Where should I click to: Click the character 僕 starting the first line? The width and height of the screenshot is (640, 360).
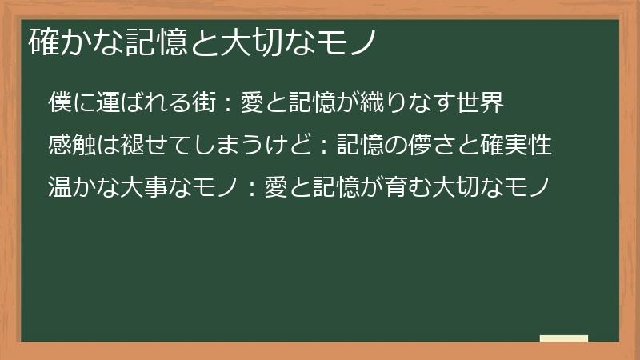[x=60, y=103]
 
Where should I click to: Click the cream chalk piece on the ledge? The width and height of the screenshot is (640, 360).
[x=563, y=338]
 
